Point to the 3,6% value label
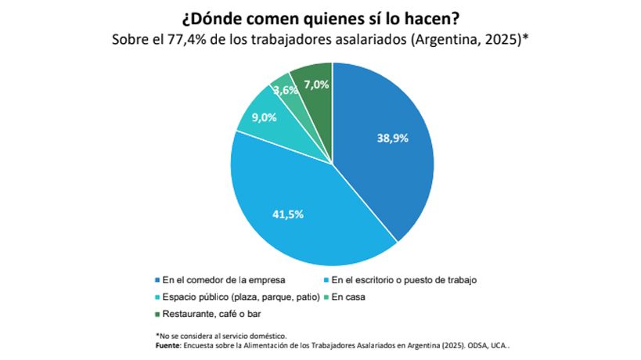click(x=285, y=91)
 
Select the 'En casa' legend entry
click(x=348, y=297)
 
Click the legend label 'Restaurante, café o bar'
click(x=207, y=315)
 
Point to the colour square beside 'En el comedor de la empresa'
click(x=157, y=279)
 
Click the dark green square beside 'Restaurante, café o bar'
click(x=157, y=315)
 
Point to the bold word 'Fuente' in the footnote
click(x=168, y=344)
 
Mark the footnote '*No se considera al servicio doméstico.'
click(x=221, y=335)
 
